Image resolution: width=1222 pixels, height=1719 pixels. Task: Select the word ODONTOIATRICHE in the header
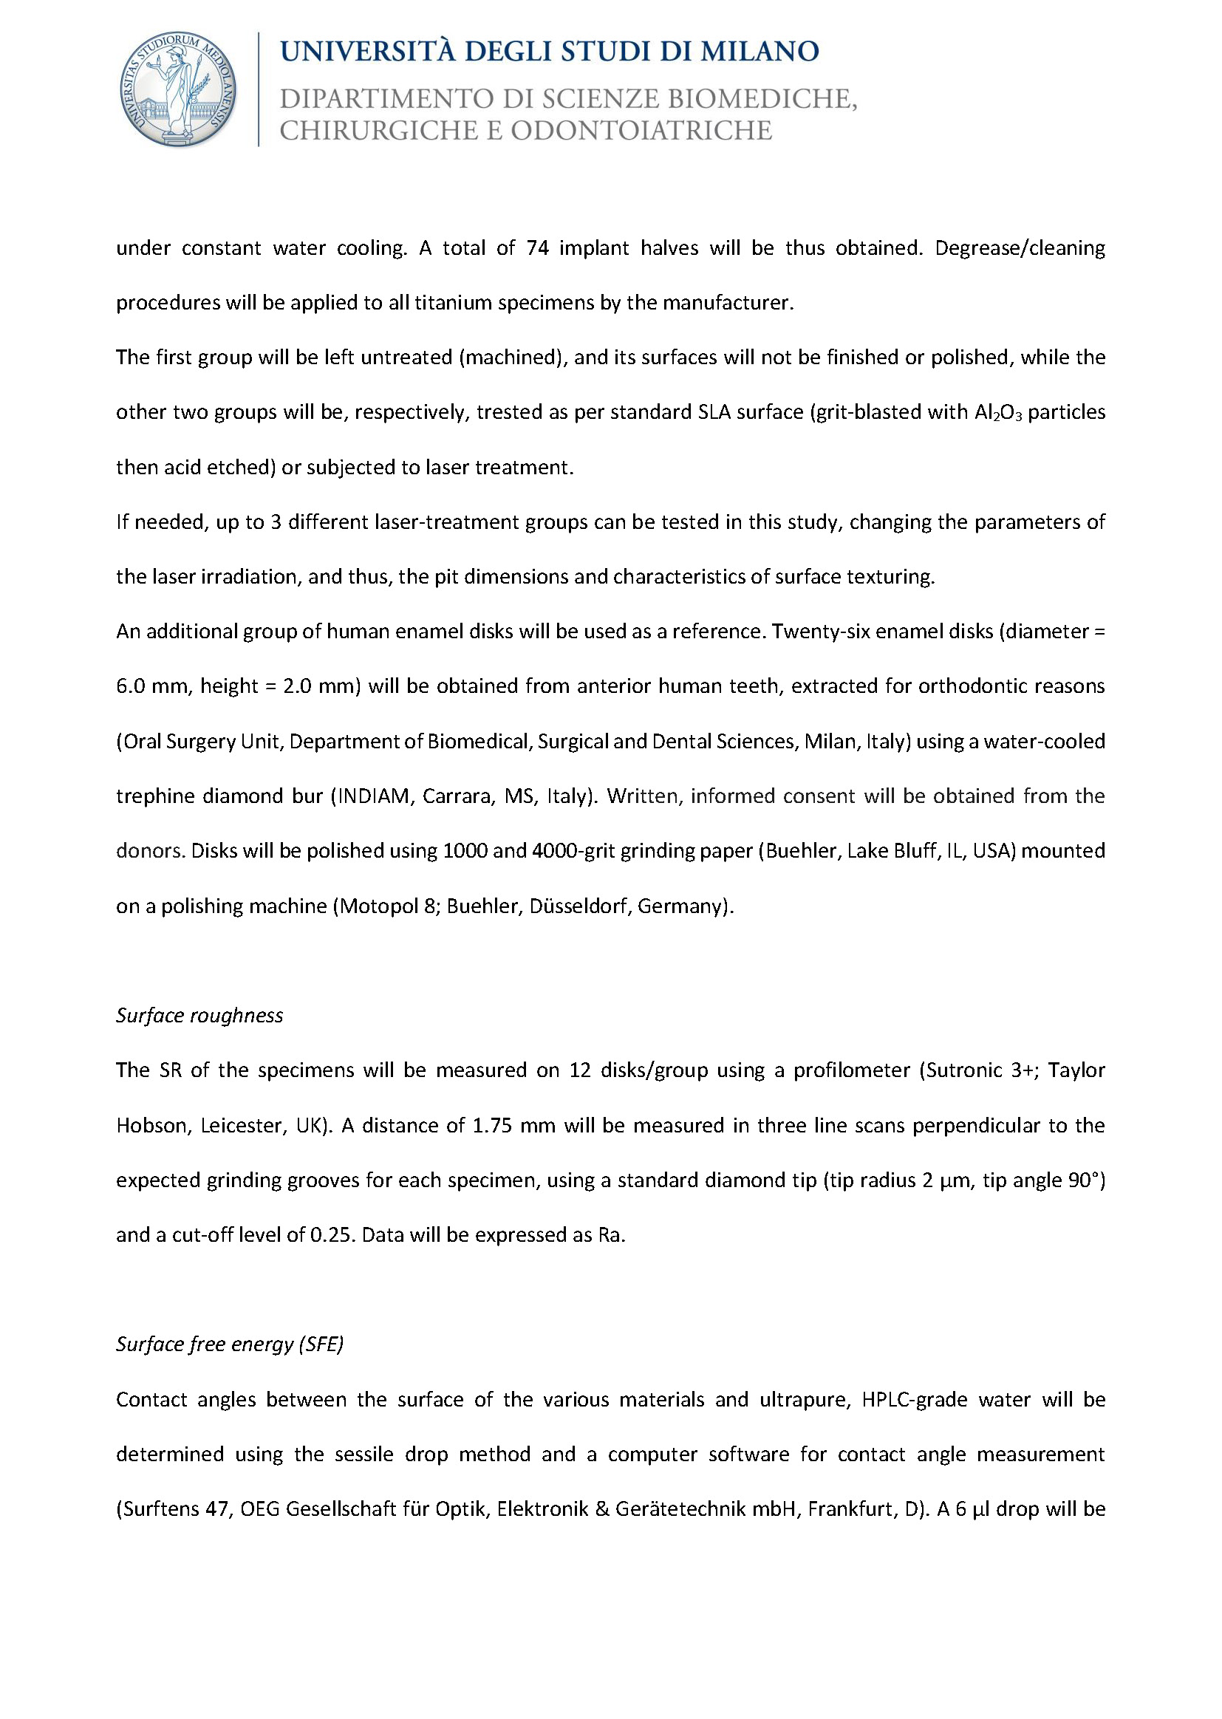(x=641, y=131)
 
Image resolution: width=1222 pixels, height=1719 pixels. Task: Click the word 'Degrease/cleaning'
(x=1020, y=248)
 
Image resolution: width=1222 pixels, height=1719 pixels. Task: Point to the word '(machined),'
(x=513, y=358)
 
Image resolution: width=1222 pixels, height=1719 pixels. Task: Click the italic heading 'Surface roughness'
(x=199, y=1016)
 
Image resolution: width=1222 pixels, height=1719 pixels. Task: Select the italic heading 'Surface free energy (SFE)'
(x=230, y=1344)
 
